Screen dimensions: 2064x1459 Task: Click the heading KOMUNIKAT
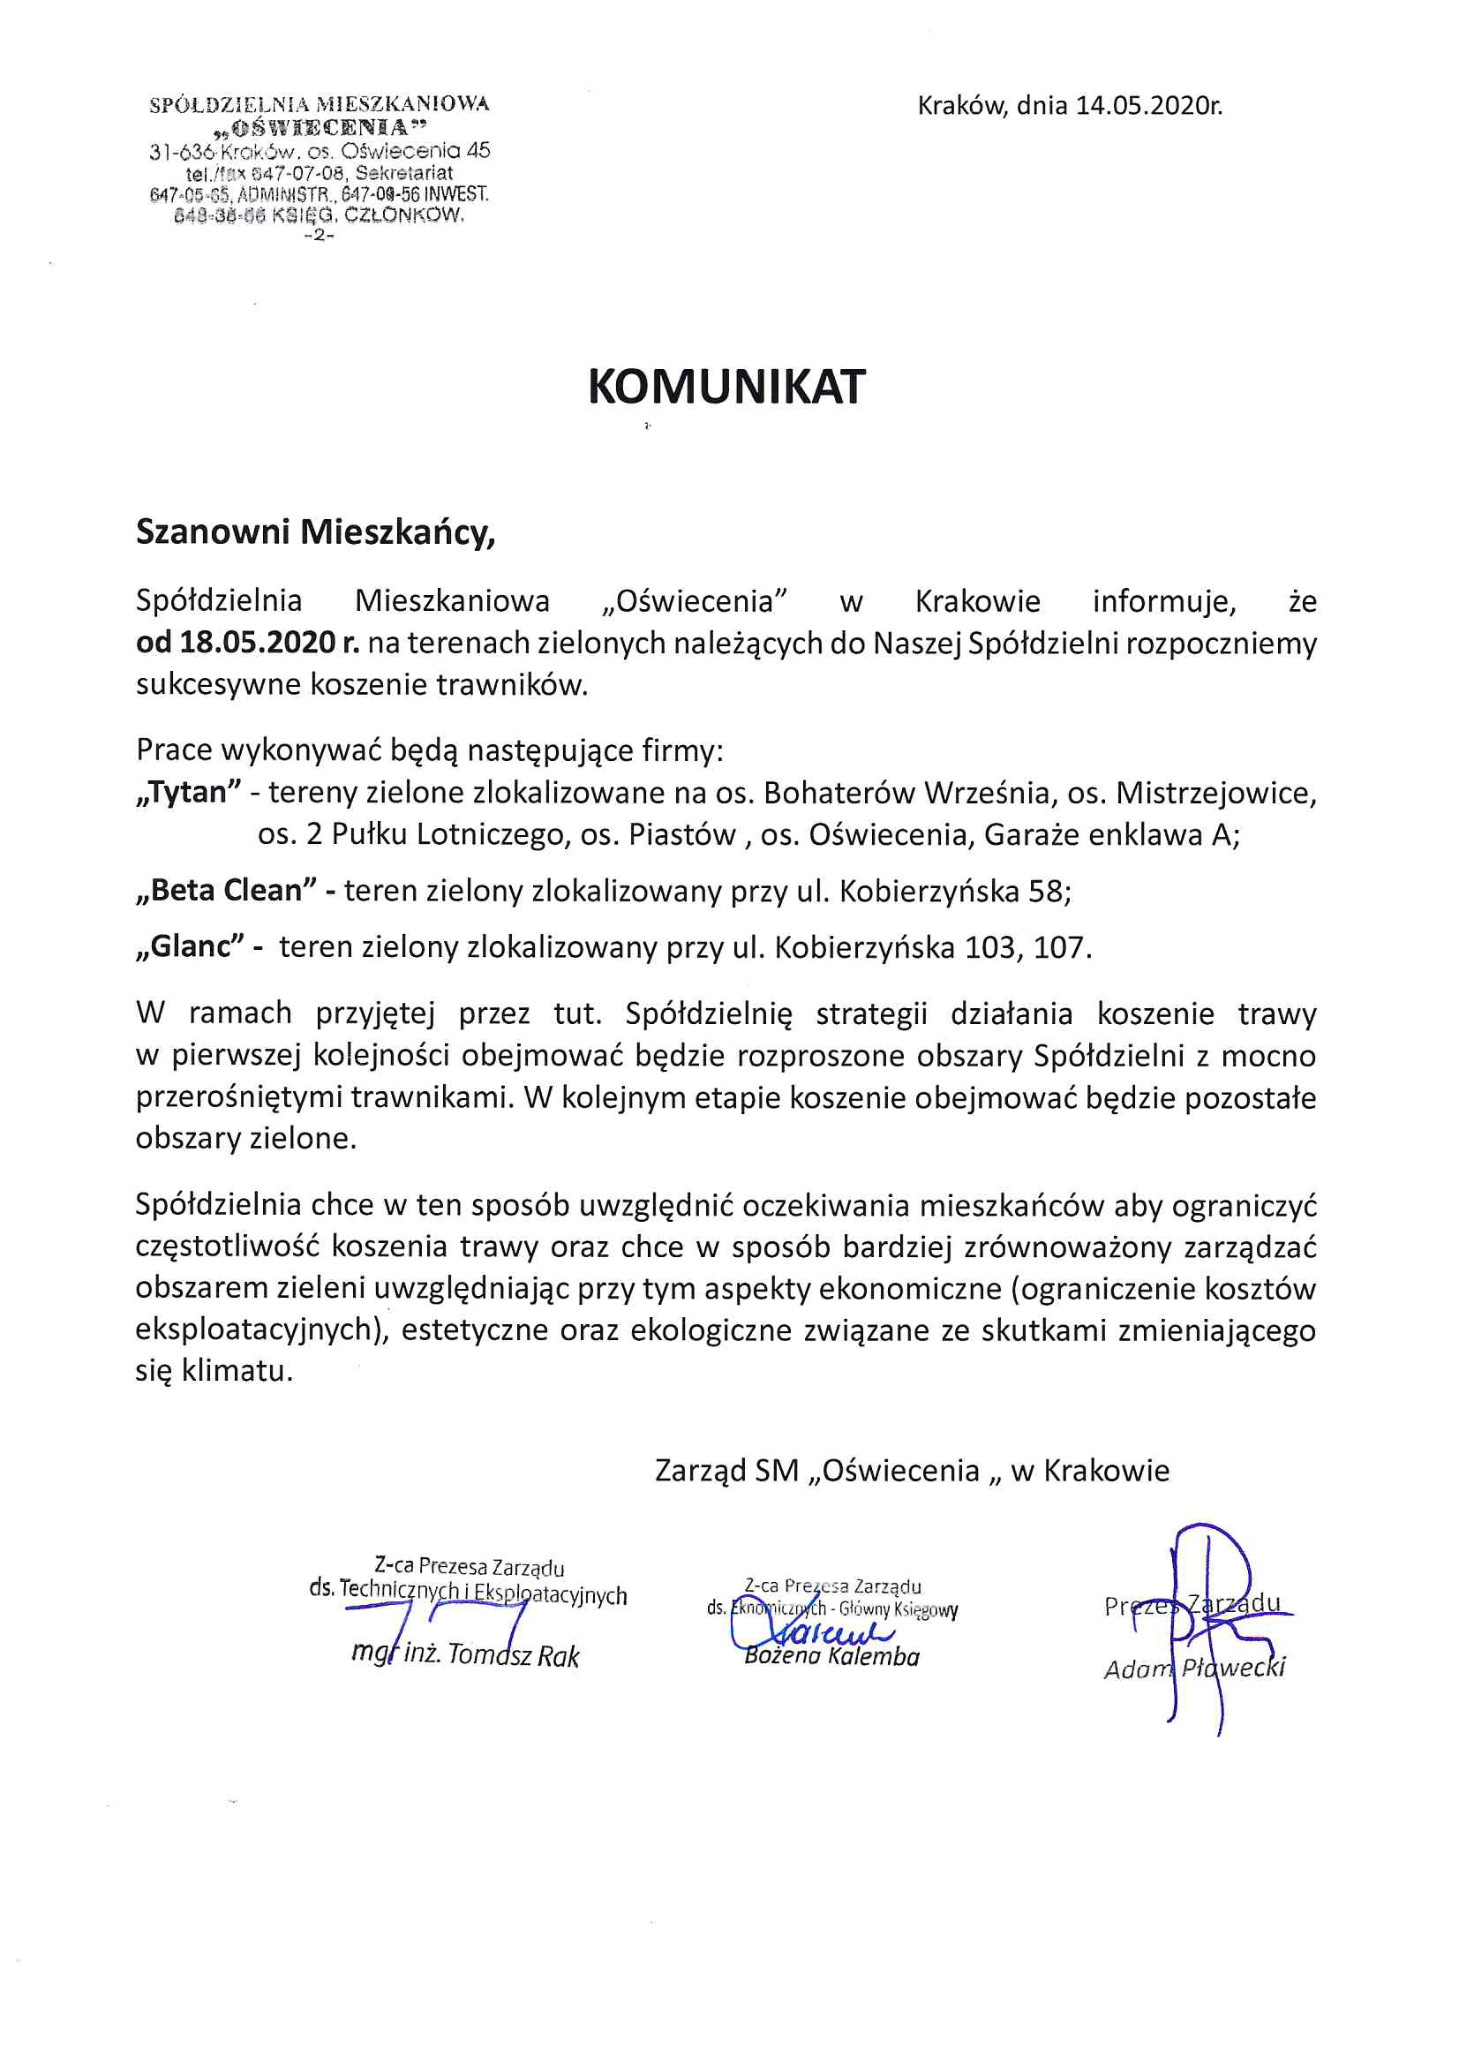coord(726,388)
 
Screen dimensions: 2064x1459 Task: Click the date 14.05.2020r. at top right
coord(1148,106)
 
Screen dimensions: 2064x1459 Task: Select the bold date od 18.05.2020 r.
coord(247,643)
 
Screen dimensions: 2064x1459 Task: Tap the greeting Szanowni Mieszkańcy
coord(315,532)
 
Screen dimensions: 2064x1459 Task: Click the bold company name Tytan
coord(189,792)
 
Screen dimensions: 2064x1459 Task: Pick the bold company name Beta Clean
coord(227,890)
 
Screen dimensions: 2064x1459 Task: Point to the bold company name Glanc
coord(191,946)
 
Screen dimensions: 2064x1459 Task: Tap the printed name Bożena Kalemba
coord(831,1657)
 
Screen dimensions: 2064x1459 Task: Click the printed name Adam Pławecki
coord(1194,1669)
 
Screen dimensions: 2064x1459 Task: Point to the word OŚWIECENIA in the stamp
coord(320,127)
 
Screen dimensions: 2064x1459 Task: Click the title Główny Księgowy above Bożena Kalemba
coord(898,1609)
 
